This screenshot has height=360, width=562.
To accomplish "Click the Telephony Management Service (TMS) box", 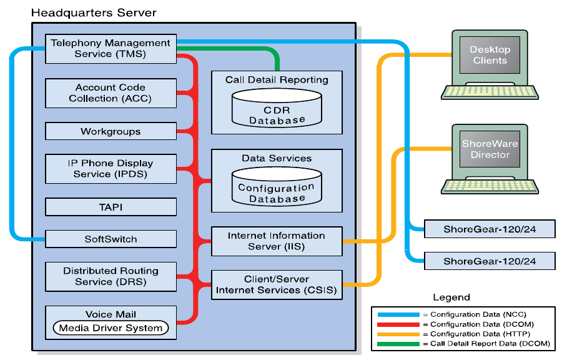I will pyautogui.click(x=111, y=49).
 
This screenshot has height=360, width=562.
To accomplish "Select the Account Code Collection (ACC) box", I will pyautogui.click(x=111, y=93).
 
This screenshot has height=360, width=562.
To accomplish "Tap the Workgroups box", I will pyautogui.click(x=111, y=132).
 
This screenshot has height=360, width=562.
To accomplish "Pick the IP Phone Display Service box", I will pyautogui.click(x=111, y=169).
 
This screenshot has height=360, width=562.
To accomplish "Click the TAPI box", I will pyautogui.click(x=111, y=207).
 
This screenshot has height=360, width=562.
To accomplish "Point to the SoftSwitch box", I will pyautogui.click(x=111, y=239).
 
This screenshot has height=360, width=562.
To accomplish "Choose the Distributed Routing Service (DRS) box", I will pyautogui.click(x=111, y=276).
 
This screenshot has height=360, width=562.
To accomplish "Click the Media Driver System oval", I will pyautogui.click(x=111, y=327).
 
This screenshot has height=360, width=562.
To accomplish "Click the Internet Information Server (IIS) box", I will pyautogui.click(x=277, y=241).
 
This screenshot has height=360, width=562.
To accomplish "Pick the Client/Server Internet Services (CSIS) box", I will pyautogui.click(x=277, y=284).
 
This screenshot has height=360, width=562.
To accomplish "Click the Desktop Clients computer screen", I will pyautogui.click(x=490, y=55).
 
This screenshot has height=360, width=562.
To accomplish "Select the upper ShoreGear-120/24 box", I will pyautogui.click(x=490, y=229).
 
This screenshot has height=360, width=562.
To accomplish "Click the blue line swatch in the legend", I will pyautogui.click(x=396, y=314).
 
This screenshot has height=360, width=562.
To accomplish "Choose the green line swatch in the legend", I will pyautogui.click(x=396, y=343).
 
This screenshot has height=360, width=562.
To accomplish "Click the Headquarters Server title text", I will pyautogui.click(x=94, y=12).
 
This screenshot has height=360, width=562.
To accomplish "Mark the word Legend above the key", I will pyautogui.click(x=451, y=297).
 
